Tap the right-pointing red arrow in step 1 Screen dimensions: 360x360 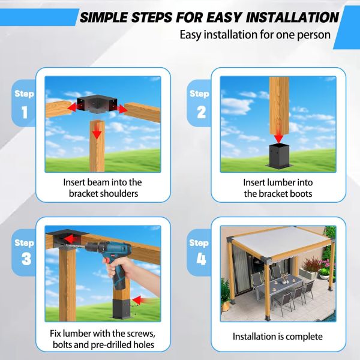(x=121, y=109)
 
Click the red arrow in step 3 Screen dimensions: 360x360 (x=139, y=299)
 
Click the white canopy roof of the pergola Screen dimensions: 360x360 (x=282, y=243)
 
